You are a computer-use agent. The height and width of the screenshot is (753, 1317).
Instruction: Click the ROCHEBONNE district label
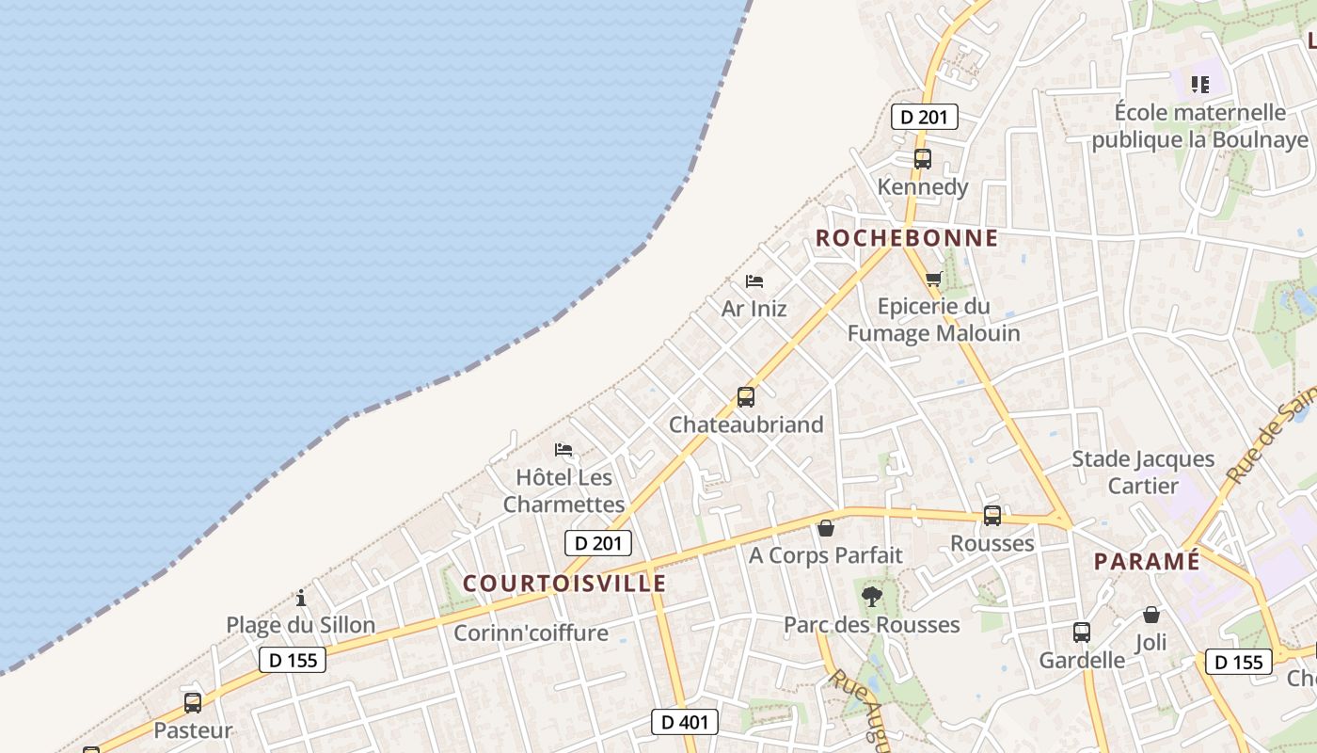tap(906, 238)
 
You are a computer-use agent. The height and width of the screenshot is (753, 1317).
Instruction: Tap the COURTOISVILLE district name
tap(564, 584)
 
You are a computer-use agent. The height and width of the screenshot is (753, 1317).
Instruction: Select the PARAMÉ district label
tap(1147, 562)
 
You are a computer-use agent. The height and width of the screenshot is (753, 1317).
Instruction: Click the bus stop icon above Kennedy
tap(923, 159)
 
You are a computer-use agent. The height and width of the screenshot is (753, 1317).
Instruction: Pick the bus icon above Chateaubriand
tap(746, 397)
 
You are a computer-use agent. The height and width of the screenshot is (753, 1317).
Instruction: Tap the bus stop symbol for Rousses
tap(992, 516)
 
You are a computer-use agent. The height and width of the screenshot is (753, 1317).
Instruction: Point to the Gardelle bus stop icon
tap(1082, 633)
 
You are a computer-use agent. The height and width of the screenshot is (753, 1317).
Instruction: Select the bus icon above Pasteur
tap(193, 703)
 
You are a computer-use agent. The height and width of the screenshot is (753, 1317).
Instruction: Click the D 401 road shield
tap(685, 722)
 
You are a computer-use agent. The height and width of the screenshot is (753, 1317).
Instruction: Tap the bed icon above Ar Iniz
tap(754, 280)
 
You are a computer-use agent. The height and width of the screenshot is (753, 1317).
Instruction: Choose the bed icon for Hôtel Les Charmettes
tap(563, 450)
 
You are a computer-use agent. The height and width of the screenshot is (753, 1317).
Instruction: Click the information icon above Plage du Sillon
tap(301, 598)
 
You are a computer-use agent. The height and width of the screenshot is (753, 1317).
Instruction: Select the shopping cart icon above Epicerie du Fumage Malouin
tap(933, 279)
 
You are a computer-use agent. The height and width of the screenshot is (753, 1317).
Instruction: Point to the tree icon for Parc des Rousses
tap(872, 596)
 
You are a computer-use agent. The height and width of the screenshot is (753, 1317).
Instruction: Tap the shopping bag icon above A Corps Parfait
tap(826, 528)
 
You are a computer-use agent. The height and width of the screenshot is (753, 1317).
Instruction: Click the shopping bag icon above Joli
tap(1151, 615)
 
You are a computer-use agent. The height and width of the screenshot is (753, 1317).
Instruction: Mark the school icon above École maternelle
tap(1199, 85)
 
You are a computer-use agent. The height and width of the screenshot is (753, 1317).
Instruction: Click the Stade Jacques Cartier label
tap(1143, 473)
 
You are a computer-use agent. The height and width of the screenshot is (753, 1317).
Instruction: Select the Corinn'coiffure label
tap(531, 633)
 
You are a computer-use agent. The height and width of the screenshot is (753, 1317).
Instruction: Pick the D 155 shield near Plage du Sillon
tap(293, 660)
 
